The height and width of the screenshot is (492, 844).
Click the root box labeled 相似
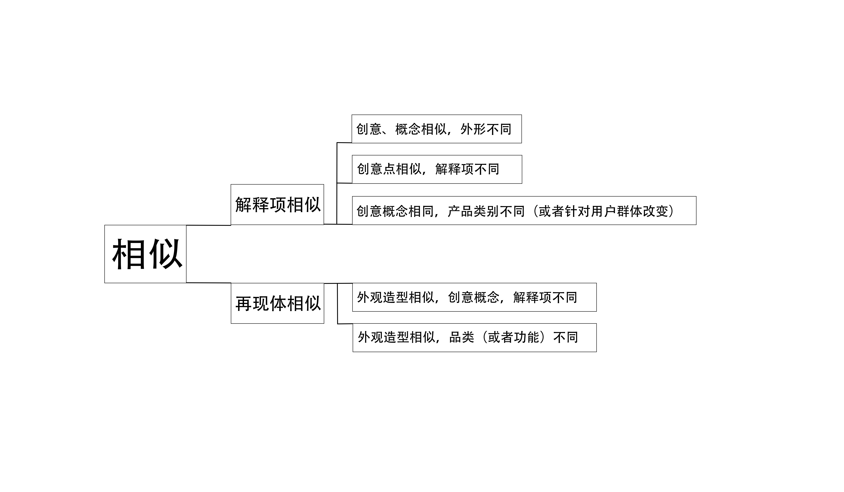tap(145, 254)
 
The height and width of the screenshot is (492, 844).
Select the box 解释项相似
tap(277, 204)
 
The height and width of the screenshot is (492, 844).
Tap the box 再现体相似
tap(277, 303)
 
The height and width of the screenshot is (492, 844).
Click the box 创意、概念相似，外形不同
tap(436, 129)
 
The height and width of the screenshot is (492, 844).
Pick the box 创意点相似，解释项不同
tap(437, 169)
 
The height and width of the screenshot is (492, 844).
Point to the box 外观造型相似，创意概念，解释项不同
tap(474, 297)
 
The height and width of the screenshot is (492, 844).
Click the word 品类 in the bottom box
tap(461, 337)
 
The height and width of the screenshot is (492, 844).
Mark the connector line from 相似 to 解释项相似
tap(208, 225)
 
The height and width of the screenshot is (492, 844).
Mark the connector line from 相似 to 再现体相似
tap(208, 283)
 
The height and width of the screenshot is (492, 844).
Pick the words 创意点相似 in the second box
tap(389, 169)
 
